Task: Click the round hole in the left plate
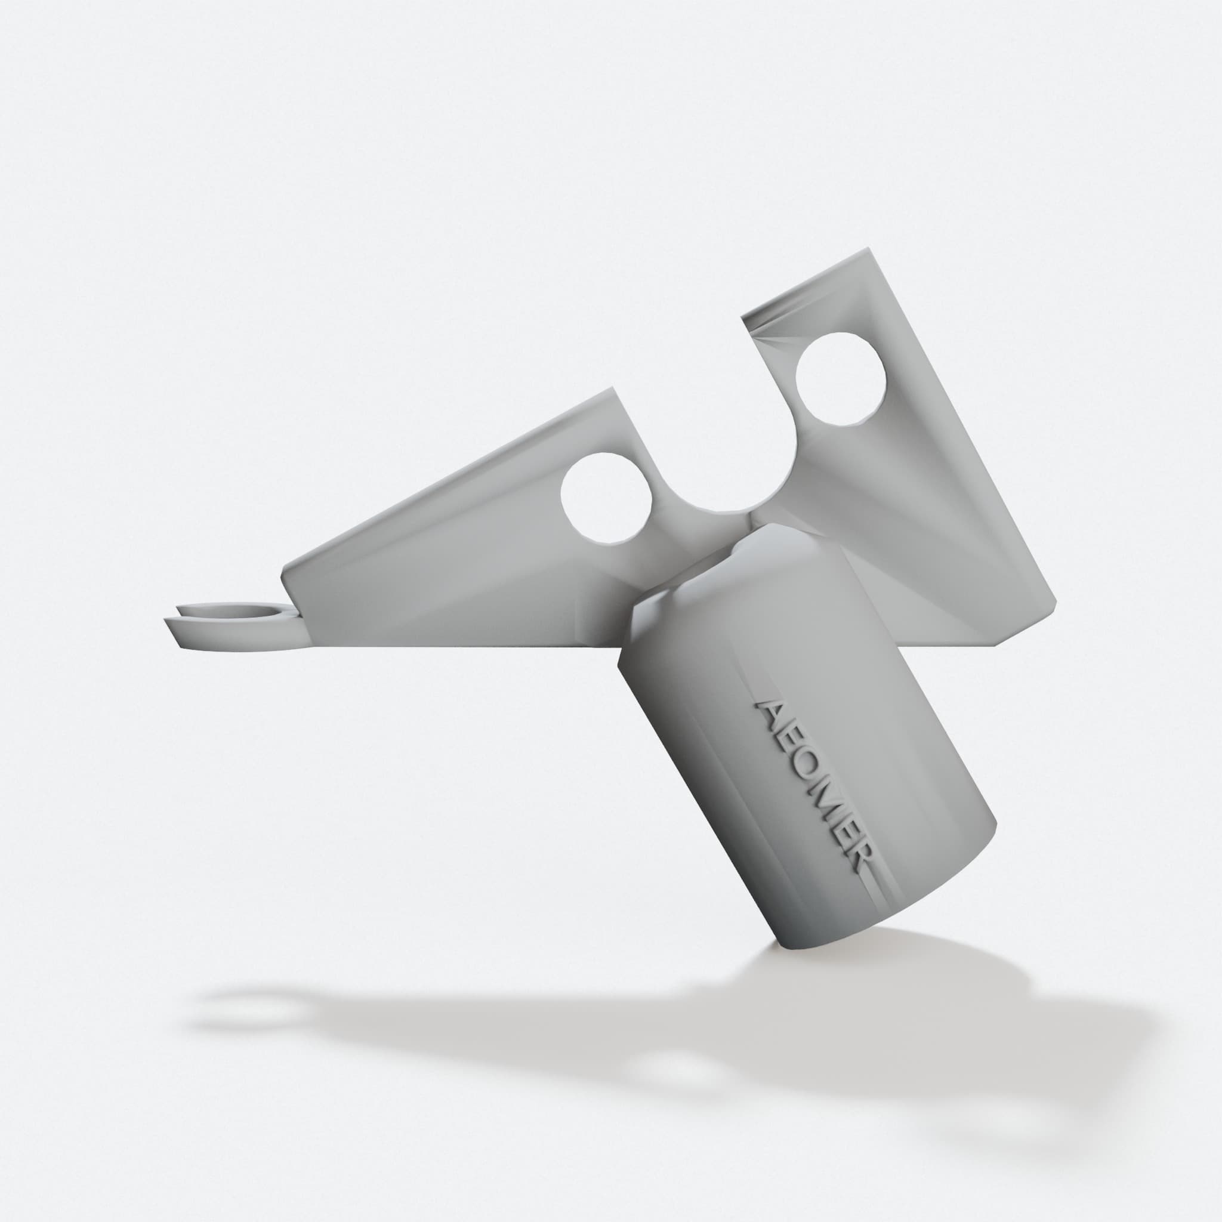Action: [x=607, y=498]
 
